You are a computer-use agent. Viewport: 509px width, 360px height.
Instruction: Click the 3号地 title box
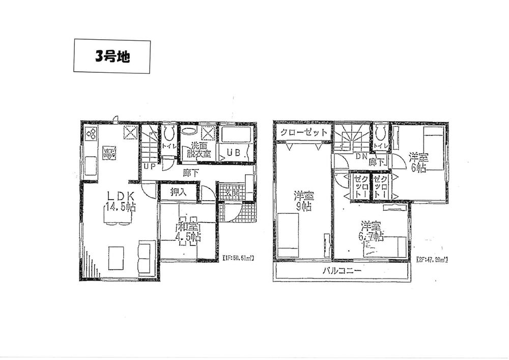[112, 56]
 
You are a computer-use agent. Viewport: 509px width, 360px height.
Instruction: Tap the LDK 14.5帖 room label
[120, 200]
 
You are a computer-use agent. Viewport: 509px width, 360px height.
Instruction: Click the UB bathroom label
[234, 152]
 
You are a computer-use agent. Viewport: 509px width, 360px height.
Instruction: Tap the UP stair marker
[149, 167]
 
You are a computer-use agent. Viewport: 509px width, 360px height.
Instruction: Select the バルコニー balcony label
[342, 271]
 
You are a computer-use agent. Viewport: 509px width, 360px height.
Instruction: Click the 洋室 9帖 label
[304, 201]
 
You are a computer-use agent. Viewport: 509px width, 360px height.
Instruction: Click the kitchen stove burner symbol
[91, 134]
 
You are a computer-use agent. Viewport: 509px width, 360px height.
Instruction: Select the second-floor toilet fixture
[381, 133]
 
